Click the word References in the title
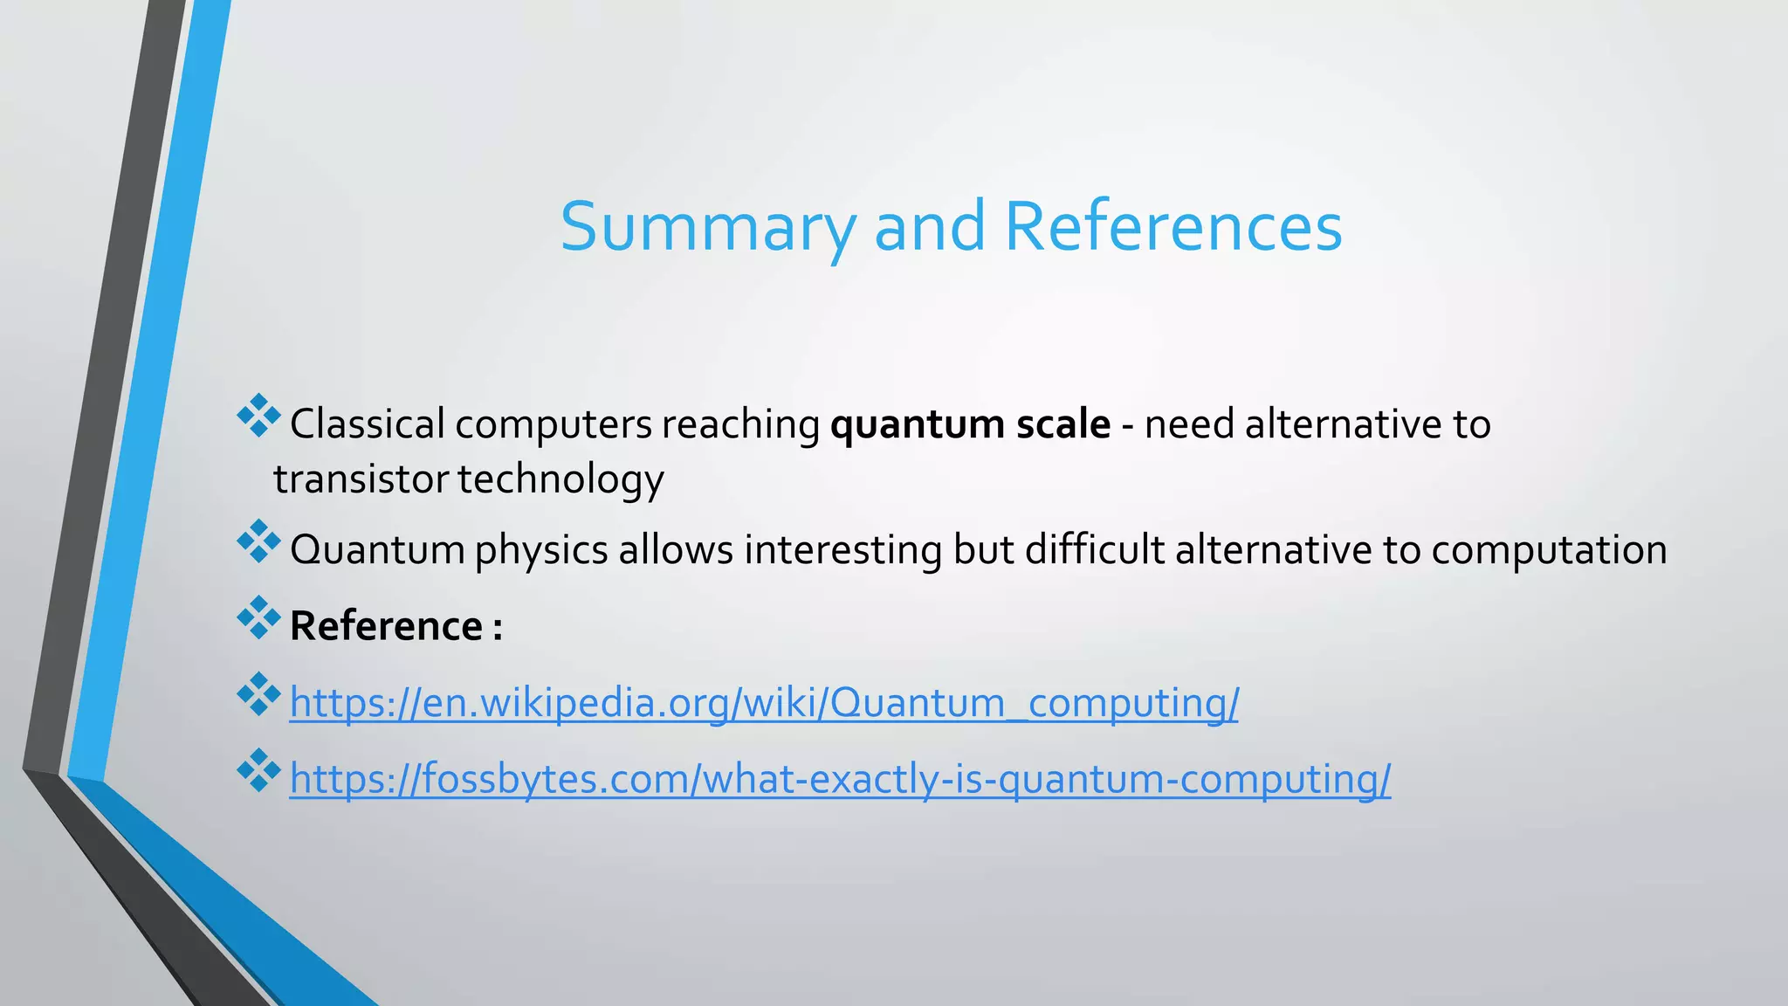pyautogui.click(x=1173, y=227)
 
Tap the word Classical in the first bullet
pyautogui.click(x=367, y=424)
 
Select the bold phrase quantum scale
pyautogui.click(x=970, y=424)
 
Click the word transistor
pyautogui.click(x=361, y=479)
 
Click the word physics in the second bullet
pyautogui.click(x=540, y=550)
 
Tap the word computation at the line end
pyautogui.click(x=1549, y=550)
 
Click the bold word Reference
pyautogui.click(x=385, y=626)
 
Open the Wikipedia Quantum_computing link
pyautogui.click(x=763, y=703)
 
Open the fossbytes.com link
pyautogui.click(x=839, y=779)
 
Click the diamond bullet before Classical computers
pyautogui.click(x=258, y=416)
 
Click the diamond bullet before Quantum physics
pyautogui.click(x=258, y=541)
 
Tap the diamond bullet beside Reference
pyautogui.click(x=258, y=617)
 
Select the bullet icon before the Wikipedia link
pyautogui.click(x=258, y=694)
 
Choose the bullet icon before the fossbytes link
pyautogui.click(x=258, y=770)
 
